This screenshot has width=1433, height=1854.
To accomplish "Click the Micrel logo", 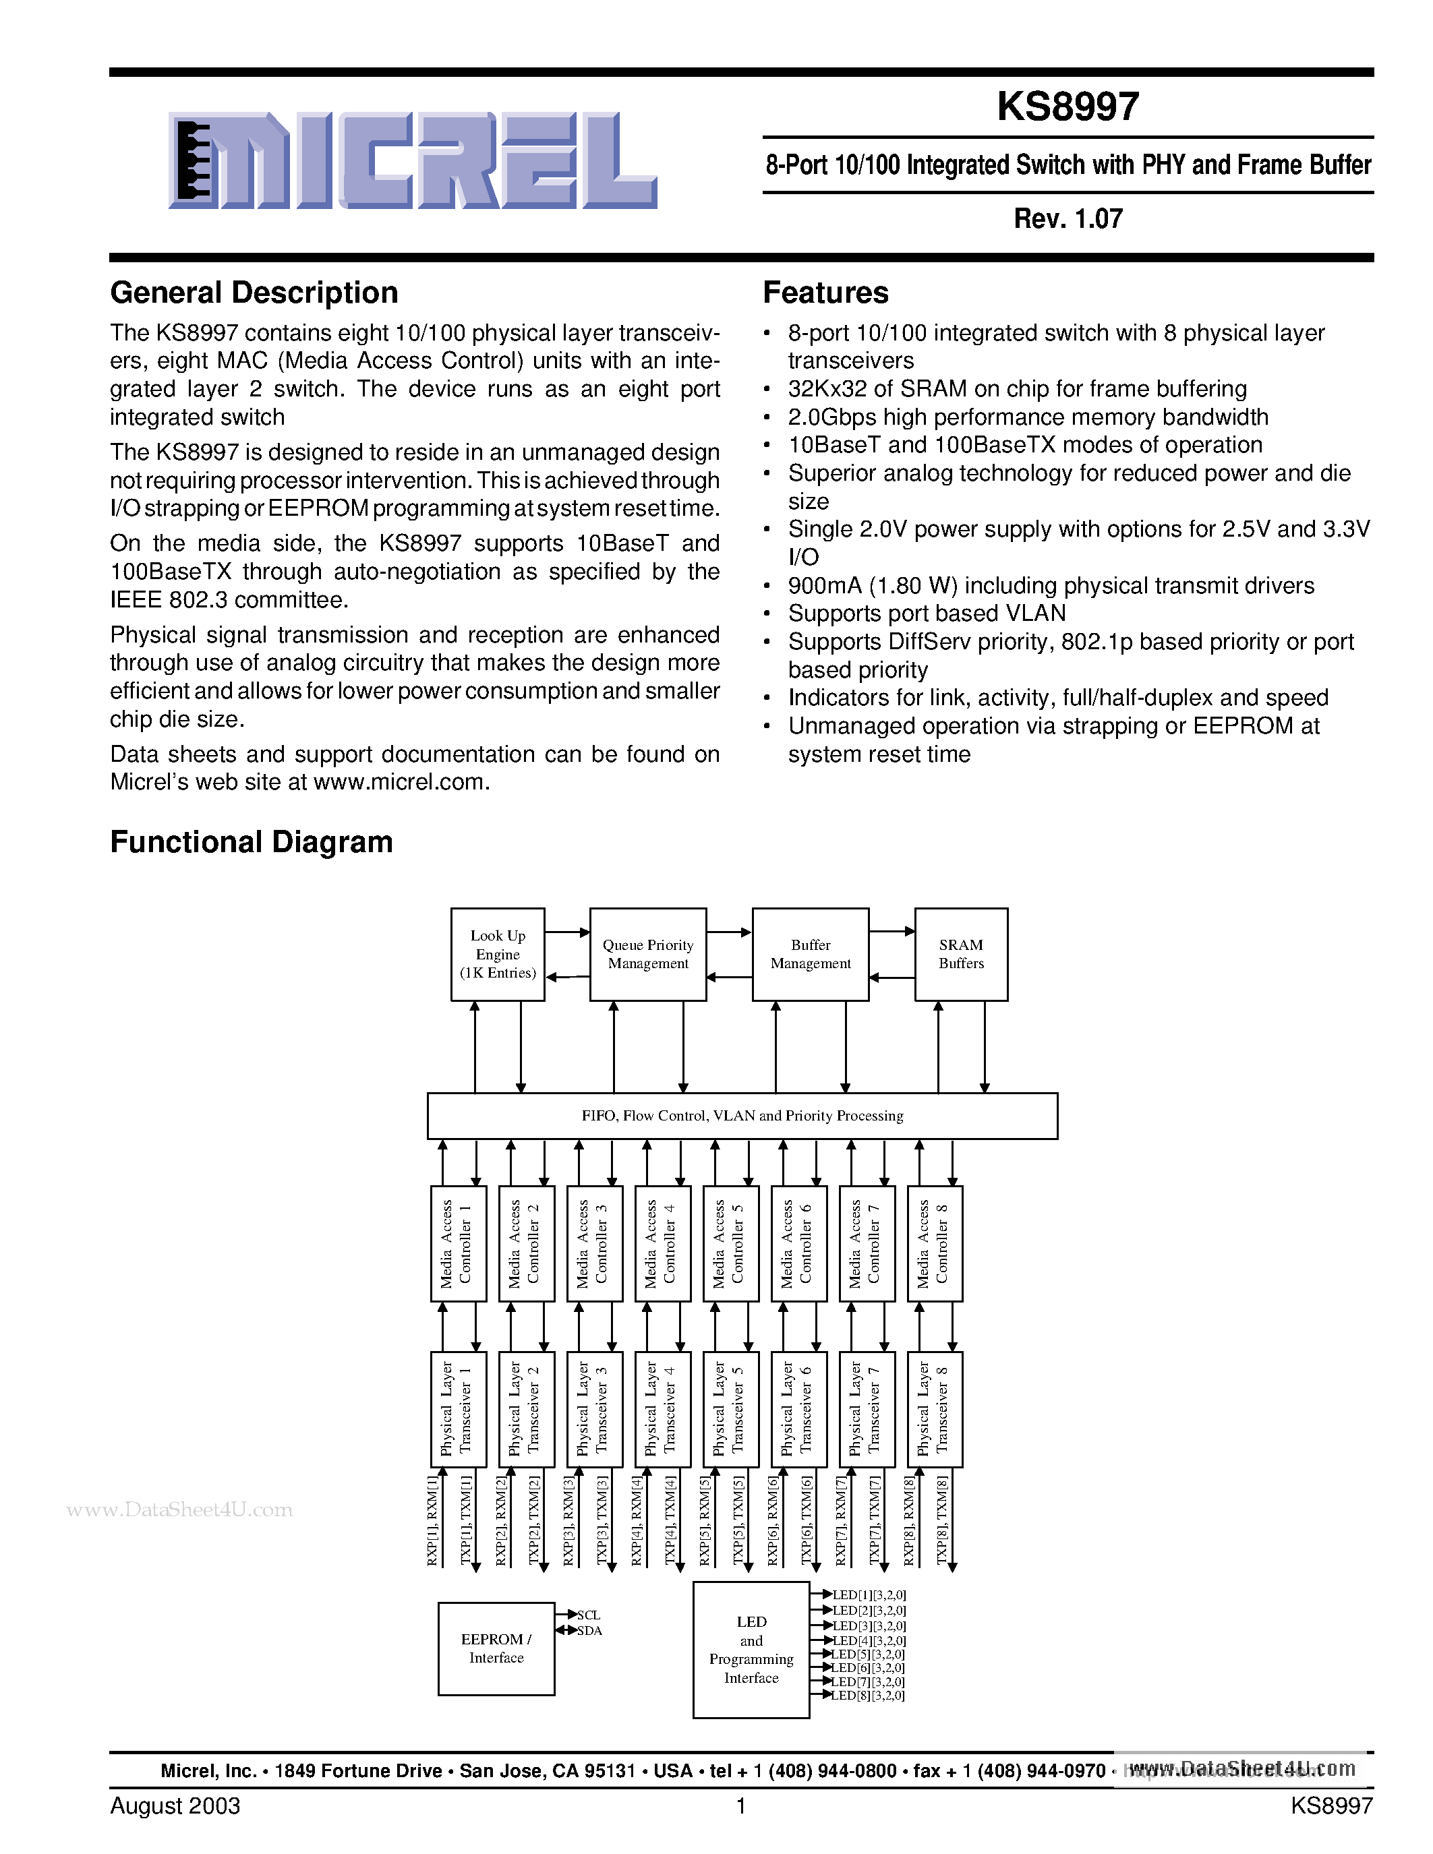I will [x=413, y=160].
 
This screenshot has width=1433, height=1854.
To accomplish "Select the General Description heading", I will [x=254, y=293].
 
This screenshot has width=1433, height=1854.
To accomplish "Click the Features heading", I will [x=825, y=293].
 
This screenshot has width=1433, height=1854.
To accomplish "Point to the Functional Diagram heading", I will [x=252, y=842].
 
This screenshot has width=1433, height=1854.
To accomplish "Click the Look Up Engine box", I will [x=498, y=954].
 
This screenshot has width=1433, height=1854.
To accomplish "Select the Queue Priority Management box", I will [x=648, y=954].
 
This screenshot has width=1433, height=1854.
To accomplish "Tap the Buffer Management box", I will [x=810, y=954].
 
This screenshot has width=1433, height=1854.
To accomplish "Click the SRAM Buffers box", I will [x=961, y=954].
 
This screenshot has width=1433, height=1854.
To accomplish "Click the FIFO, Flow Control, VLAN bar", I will [x=742, y=1116].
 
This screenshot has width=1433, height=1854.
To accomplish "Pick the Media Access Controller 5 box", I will [x=730, y=1243].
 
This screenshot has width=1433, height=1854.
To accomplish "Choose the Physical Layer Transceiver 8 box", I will [x=935, y=1409].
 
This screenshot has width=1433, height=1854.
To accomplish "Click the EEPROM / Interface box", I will [x=496, y=1648].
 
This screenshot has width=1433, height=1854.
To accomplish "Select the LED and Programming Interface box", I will [x=751, y=1650].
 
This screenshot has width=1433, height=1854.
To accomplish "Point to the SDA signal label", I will [x=589, y=1631].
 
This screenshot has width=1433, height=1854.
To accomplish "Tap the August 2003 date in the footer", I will [x=175, y=1805].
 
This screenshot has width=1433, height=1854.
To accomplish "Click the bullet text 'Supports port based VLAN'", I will [x=926, y=613].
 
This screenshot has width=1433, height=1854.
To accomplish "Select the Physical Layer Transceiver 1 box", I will [x=459, y=1409].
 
